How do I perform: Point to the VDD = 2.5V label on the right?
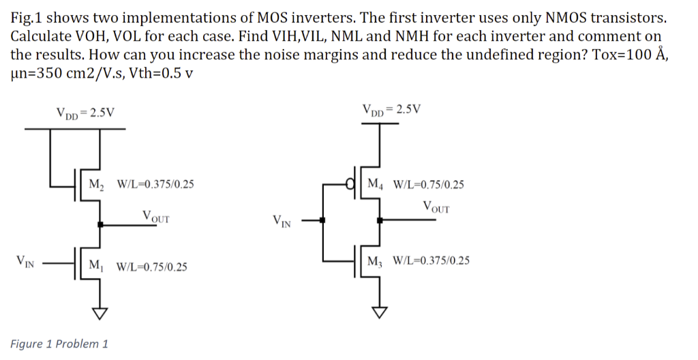point(392,108)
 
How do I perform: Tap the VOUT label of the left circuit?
point(156,217)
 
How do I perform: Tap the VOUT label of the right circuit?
point(436,207)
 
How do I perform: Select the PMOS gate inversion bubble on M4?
point(351,184)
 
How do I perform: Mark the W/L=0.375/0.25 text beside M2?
point(155,184)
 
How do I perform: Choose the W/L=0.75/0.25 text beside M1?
point(153,267)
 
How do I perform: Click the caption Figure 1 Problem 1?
point(59,344)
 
